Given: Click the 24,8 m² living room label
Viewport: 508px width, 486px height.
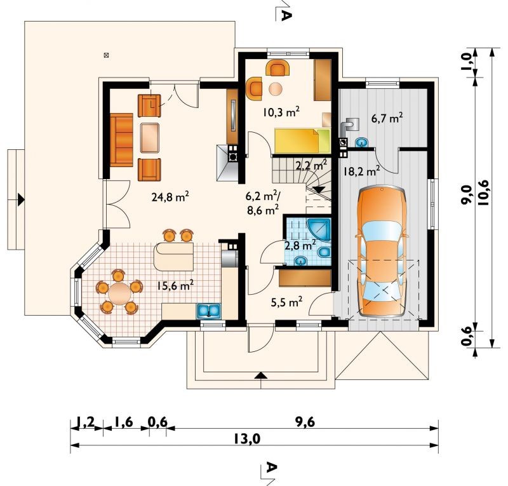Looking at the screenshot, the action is click(170, 196).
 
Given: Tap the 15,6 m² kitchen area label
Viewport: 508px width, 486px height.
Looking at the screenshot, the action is click(175, 285).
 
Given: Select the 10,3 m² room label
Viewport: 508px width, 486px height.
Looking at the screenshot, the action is click(281, 112).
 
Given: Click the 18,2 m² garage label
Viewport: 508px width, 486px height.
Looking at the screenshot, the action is click(361, 171).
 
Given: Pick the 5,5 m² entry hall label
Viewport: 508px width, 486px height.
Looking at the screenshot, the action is click(286, 302).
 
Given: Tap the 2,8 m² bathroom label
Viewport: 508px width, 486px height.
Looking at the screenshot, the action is click(300, 245).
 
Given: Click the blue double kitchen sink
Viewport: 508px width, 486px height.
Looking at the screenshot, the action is click(209, 311).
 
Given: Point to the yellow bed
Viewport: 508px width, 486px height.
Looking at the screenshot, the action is click(302, 140).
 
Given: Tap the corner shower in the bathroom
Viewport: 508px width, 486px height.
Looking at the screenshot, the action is click(319, 230).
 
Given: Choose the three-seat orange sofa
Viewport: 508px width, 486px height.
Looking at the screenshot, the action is click(121, 140).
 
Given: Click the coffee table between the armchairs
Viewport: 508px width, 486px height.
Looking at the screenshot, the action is click(150, 137).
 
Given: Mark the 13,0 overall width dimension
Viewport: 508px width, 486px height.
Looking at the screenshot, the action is click(246, 440).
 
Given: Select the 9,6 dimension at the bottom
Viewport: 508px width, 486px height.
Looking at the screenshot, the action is click(304, 422).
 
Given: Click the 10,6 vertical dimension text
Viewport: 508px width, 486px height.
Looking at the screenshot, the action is click(485, 192).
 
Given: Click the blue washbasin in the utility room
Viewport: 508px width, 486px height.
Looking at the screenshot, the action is click(362, 142).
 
